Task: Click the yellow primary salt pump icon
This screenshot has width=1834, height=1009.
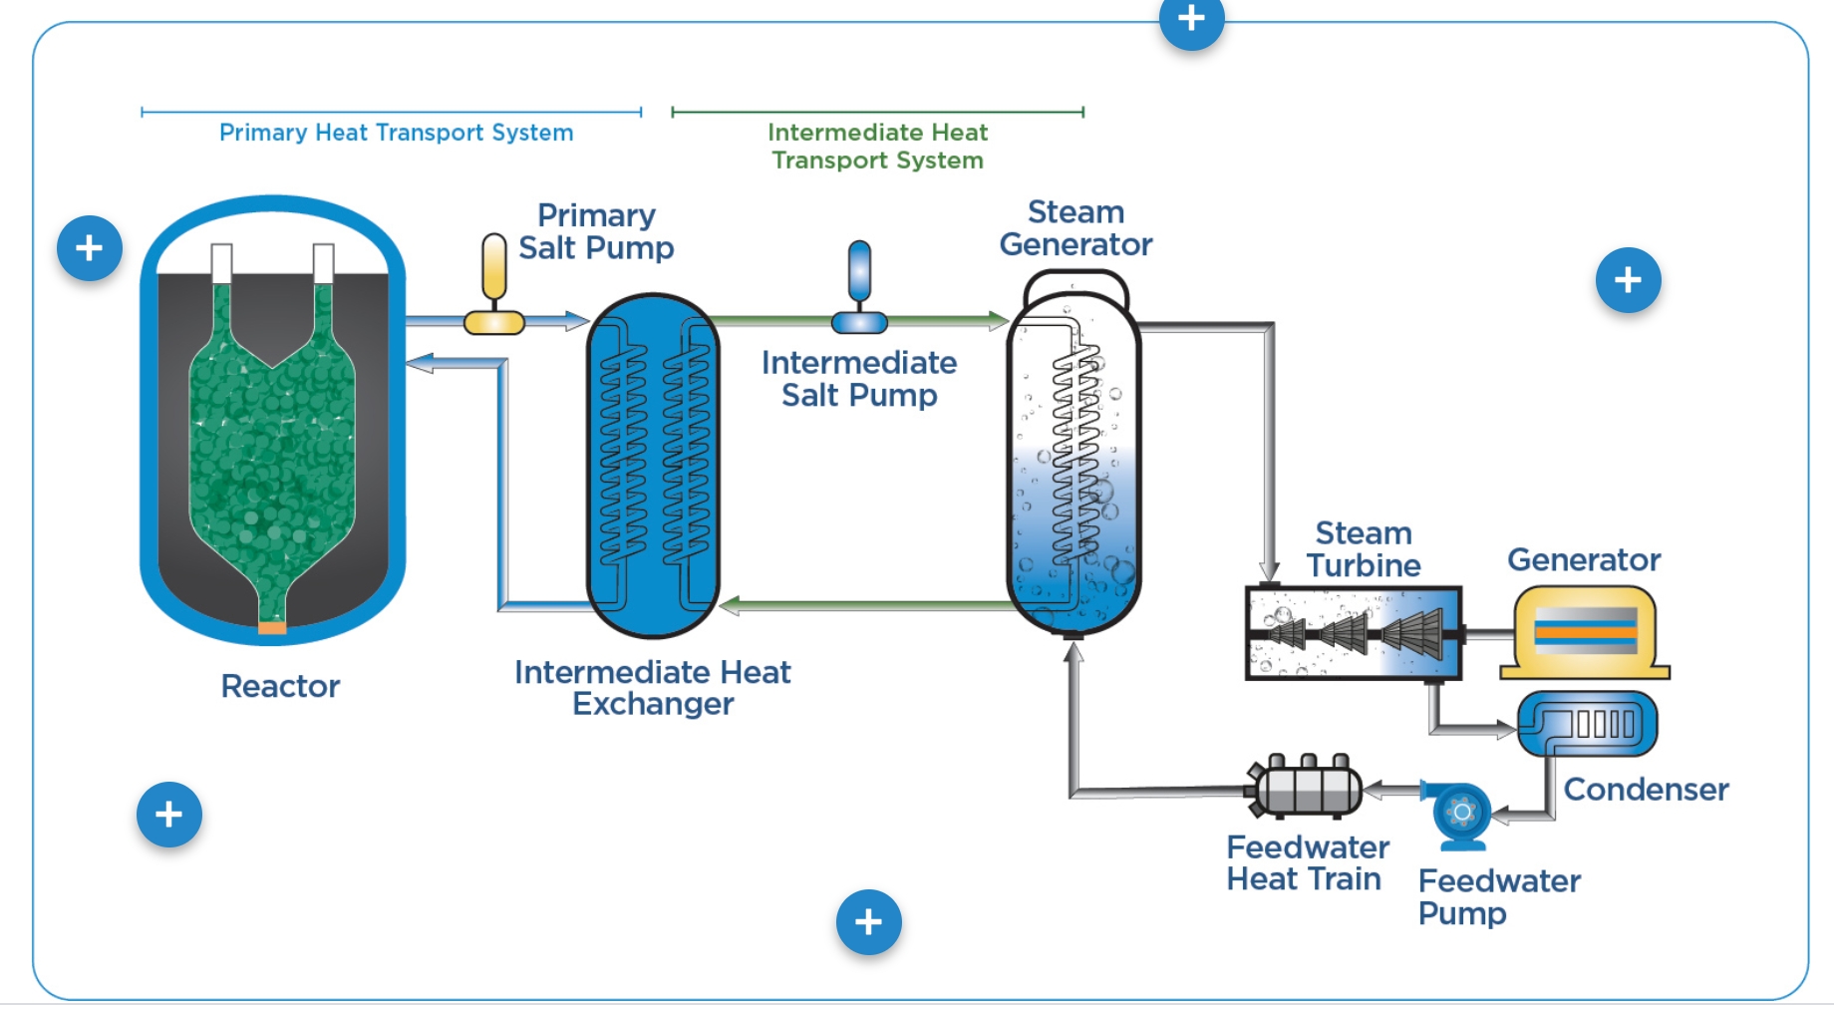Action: pos(493,285)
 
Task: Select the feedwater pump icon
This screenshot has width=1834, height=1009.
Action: pos(1461,814)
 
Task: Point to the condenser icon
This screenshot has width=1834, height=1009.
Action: pos(1587,725)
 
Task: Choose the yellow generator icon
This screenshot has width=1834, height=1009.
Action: pos(1585,632)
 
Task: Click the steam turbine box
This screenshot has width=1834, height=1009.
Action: pos(1354,634)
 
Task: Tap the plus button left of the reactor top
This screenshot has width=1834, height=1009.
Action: pos(90,248)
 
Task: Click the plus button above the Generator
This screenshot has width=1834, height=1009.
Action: pos(1628,280)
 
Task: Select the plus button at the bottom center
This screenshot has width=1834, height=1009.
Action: pos(868,922)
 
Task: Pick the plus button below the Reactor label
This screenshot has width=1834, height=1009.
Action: pos(169,815)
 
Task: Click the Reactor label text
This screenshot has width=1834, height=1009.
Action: pos(280,686)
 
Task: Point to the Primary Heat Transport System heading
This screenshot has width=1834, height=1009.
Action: pos(396,133)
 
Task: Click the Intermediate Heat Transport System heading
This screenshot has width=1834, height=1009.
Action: pos(877,147)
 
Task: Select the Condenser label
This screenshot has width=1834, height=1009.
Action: pos(1646,790)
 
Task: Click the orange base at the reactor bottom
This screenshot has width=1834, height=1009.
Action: pos(272,627)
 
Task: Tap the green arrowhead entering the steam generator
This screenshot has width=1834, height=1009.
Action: pos(998,320)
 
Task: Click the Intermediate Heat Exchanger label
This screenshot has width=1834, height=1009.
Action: pos(653,688)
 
